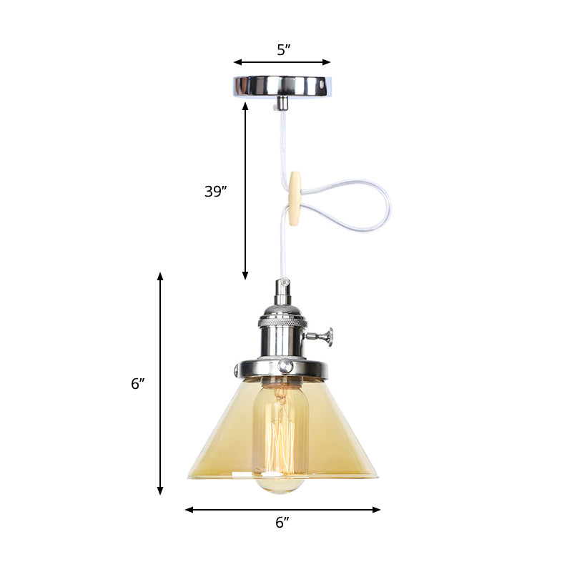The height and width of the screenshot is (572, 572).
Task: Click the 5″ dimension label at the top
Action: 283,50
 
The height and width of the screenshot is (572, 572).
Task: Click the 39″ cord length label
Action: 215,191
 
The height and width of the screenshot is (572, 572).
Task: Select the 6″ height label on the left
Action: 138,383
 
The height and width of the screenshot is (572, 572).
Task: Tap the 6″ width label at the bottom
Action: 282,523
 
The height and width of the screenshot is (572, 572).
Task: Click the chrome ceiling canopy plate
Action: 282,86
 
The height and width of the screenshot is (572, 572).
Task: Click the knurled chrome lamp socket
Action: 282,332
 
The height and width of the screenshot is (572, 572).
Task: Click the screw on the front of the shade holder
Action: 285,365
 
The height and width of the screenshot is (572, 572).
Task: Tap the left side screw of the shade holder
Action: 237,370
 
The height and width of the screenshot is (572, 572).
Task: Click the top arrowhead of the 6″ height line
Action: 160,276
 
